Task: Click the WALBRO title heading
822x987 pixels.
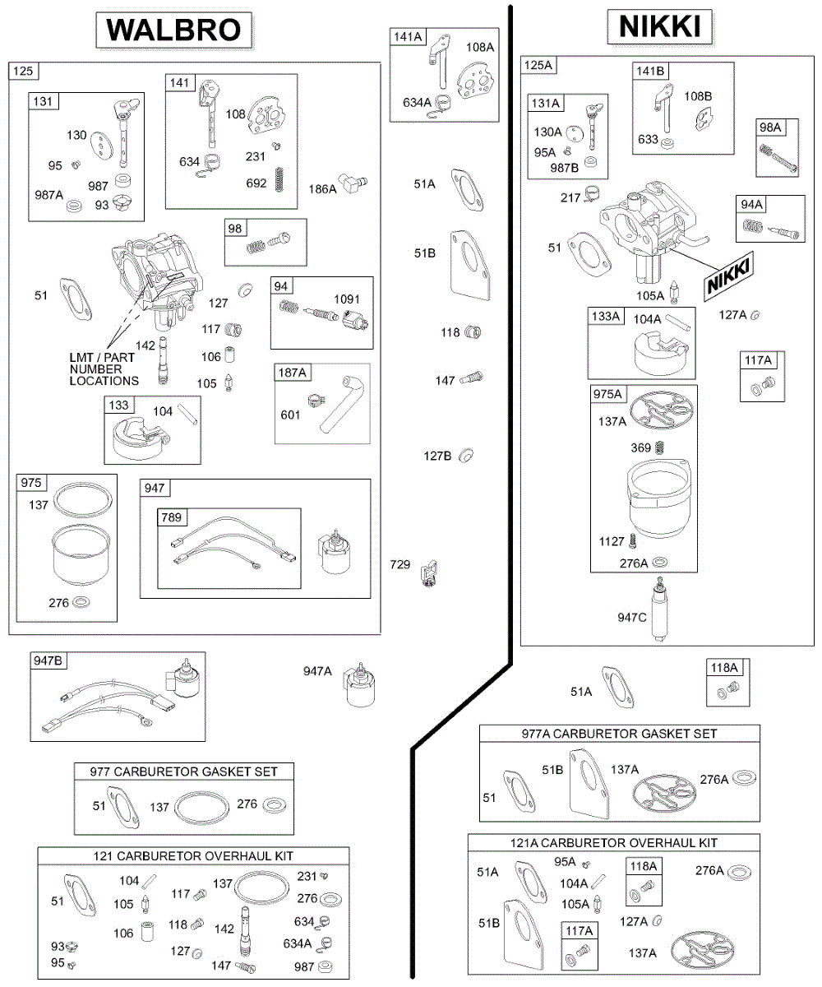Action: tap(173, 30)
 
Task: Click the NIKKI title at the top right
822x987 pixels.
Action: tap(659, 26)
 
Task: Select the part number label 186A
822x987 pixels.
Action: tap(322, 189)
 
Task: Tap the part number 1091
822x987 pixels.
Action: tap(347, 299)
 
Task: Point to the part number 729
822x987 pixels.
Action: tap(399, 564)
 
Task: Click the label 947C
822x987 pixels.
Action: tap(631, 618)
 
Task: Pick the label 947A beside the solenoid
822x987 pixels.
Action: tap(317, 671)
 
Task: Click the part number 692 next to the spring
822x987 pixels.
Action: tap(256, 183)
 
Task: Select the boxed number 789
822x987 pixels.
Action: tap(171, 517)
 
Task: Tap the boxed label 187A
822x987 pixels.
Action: tap(292, 373)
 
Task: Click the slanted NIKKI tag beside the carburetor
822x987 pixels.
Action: tap(728, 276)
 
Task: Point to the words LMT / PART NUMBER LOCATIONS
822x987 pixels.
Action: tap(104, 369)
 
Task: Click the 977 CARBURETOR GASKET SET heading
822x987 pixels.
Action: tap(183, 772)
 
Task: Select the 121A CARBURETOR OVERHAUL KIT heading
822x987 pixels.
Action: tap(614, 843)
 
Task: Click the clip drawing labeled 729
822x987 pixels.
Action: tap(429, 573)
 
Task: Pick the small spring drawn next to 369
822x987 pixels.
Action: tap(661, 447)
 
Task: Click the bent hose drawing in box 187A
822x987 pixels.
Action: tap(341, 404)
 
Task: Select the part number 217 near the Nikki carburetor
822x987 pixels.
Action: tap(570, 197)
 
